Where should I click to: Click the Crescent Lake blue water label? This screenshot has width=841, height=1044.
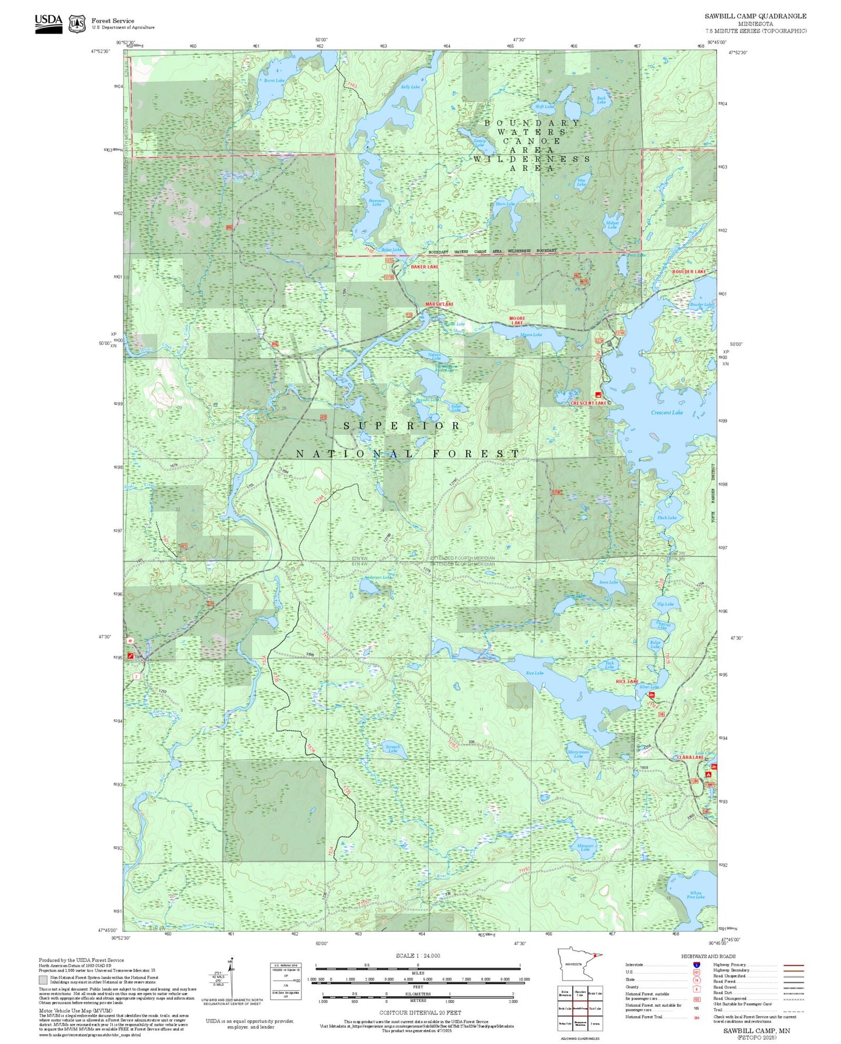(666, 413)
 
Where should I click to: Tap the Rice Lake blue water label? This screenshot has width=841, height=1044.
(534, 673)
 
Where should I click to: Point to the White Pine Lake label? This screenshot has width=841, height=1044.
(696, 895)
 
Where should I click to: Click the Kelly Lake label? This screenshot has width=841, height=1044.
(410, 87)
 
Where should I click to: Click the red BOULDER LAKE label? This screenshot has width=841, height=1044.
(689, 272)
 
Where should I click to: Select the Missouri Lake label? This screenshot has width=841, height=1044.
(585, 847)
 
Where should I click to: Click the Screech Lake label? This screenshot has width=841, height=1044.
(393, 748)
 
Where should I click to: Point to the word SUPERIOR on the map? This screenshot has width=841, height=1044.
(402, 426)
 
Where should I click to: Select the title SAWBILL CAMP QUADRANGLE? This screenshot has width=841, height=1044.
(755, 16)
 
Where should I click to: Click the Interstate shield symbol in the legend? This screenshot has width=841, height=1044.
(696, 965)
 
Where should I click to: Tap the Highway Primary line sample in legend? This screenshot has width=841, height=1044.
(793, 965)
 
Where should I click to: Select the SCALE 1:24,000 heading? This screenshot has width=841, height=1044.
(417, 956)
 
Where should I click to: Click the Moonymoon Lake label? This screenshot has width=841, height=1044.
(578, 754)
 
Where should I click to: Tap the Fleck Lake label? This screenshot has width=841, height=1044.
(666, 517)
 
